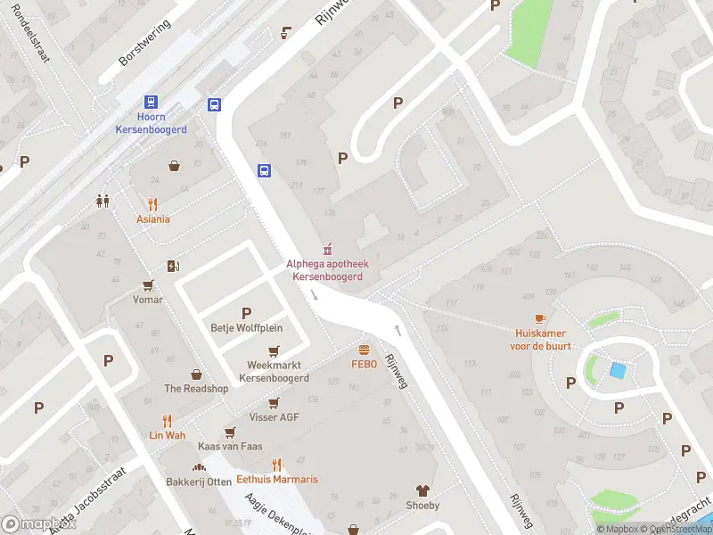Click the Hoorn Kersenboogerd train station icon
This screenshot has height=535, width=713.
pos(151,103)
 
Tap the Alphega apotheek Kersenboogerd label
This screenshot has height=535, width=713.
pos(327,270)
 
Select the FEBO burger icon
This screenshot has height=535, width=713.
pos(364,350)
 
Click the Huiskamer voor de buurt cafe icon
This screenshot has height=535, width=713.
pos(540,319)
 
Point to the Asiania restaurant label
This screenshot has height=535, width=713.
pos(153,219)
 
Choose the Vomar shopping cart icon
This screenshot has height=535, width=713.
pos(148,285)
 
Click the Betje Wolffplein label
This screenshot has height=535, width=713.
pos(246,327)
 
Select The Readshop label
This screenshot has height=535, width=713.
pos(196,389)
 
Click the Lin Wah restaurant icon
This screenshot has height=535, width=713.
pos(167,421)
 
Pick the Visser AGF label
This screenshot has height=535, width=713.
pos(275,417)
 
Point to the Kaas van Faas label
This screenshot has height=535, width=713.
pos(229,446)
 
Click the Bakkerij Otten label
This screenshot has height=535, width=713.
pos(198,482)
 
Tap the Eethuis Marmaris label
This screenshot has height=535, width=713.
pos(277,479)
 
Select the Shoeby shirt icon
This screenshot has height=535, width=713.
pos(422,490)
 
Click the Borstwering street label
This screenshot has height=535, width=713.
pos(143,45)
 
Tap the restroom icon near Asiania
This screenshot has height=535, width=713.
pos(102,202)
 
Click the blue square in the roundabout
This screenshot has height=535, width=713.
pos(617,369)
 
